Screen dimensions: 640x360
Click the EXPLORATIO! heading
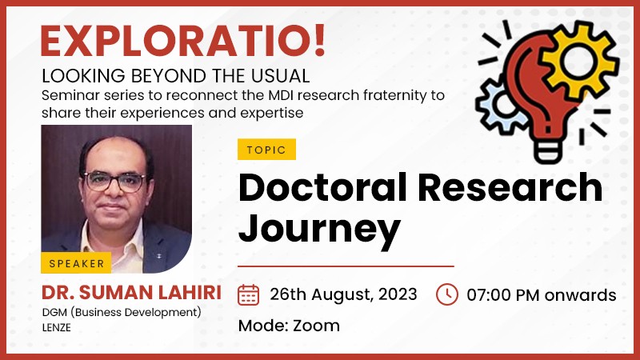coord(183,41)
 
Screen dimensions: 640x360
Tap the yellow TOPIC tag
coord(266,150)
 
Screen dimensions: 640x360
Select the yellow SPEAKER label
coord(76,263)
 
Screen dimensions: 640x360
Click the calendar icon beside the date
coord(248,294)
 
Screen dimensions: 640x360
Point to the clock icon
coord(447,294)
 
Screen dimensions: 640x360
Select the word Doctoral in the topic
coord(322,187)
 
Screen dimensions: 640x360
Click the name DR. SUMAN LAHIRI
coord(131,293)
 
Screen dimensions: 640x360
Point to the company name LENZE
coord(56,328)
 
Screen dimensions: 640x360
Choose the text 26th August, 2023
coord(343,294)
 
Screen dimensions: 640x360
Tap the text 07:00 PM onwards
coord(542,295)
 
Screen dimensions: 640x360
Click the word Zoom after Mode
coord(316,326)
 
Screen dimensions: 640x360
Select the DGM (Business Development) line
coord(122,312)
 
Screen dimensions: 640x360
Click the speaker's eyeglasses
coord(114,182)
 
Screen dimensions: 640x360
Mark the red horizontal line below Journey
coord(346,266)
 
